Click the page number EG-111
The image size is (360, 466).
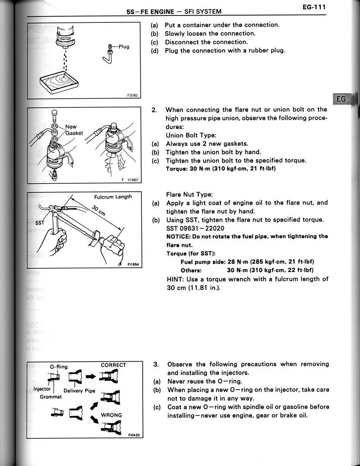313,7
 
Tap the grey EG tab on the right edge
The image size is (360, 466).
341,99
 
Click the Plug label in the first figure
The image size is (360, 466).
123,47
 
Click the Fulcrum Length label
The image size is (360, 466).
113,197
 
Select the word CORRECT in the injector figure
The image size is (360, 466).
113,365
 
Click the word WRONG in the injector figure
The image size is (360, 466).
111,415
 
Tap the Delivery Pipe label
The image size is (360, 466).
79,391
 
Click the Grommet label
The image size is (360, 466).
51,397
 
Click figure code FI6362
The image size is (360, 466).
132,96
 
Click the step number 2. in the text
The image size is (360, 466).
154,110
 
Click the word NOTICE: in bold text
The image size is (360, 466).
178,236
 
